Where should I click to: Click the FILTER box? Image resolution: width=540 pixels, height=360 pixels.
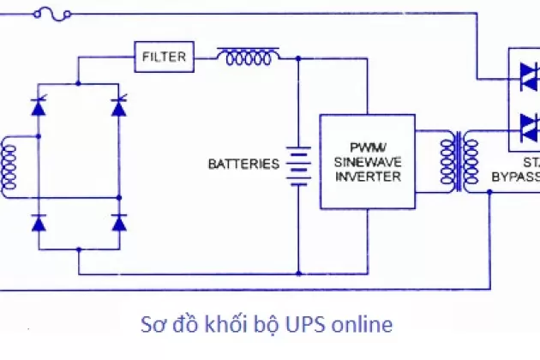click(x=163, y=57)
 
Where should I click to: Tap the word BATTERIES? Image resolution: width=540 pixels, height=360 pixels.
click(x=244, y=163)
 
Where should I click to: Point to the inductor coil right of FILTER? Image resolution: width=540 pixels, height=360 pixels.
click(x=249, y=57)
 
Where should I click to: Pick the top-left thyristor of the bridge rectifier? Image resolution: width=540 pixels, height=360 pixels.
click(x=38, y=106)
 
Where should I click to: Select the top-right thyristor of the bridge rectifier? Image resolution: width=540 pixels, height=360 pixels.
click(x=119, y=106)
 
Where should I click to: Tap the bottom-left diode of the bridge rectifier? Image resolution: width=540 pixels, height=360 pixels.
click(x=38, y=223)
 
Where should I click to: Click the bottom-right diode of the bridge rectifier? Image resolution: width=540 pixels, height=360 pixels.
click(x=119, y=223)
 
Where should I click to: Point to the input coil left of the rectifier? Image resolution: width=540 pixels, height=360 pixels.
click(x=9, y=166)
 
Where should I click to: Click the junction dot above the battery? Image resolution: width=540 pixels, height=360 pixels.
click(x=297, y=58)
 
